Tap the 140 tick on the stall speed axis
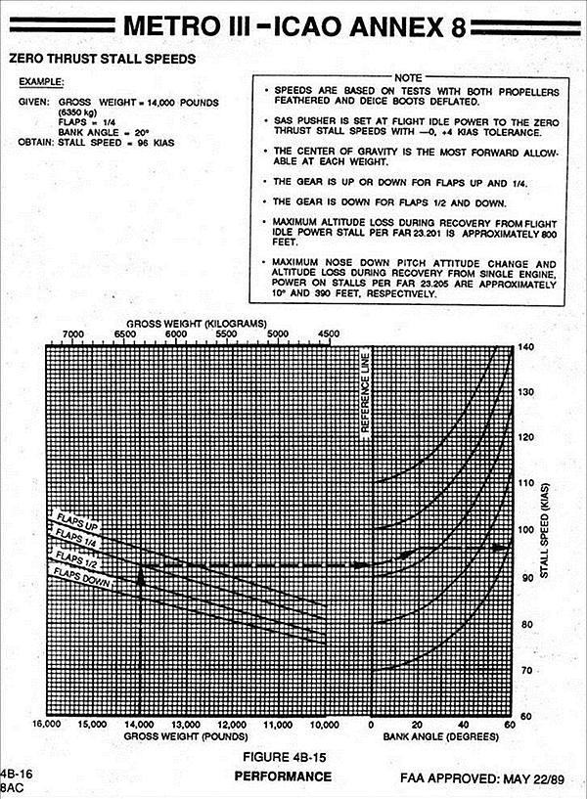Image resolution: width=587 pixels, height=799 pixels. click(527, 347)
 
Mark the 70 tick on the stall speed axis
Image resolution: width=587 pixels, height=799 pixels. click(527, 671)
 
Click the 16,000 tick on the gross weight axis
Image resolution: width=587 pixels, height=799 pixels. click(47, 726)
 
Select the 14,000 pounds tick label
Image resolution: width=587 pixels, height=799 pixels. click(140, 726)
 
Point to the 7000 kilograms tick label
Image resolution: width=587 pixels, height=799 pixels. click(72, 333)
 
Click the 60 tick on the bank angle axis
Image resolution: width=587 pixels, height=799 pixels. click(510, 726)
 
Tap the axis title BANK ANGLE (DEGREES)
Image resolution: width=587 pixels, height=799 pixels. click(440, 736)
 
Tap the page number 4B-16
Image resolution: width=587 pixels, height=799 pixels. click(16, 773)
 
